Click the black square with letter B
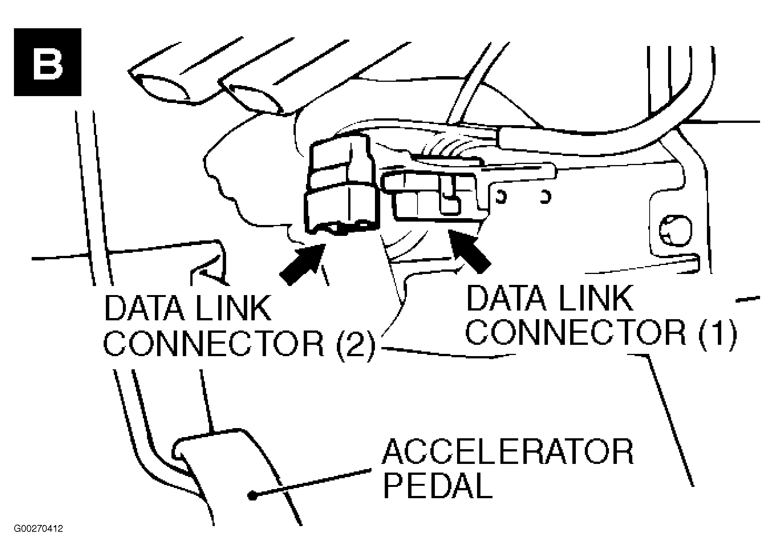tap(47, 62)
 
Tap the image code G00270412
tap(38, 529)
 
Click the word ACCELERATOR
tap(508, 452)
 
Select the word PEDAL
tap(438, 486)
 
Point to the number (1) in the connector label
tap(717, 332)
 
